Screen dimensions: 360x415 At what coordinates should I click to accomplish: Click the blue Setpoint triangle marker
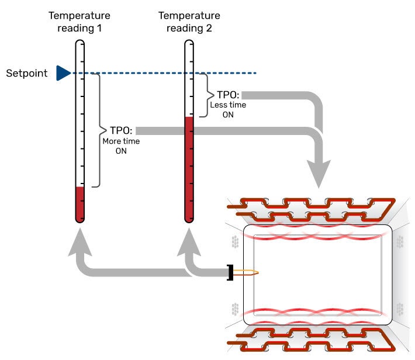tap(63, 73)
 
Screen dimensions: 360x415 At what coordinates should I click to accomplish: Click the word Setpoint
tap(27, 74)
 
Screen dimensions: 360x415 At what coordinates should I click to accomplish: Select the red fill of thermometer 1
tap(80, 203)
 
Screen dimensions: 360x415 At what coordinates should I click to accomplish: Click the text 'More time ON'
tap(121, 146)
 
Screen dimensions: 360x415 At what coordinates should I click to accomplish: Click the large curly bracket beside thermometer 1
tap(99, 130)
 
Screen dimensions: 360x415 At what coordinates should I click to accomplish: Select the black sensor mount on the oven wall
tap(230, 272)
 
